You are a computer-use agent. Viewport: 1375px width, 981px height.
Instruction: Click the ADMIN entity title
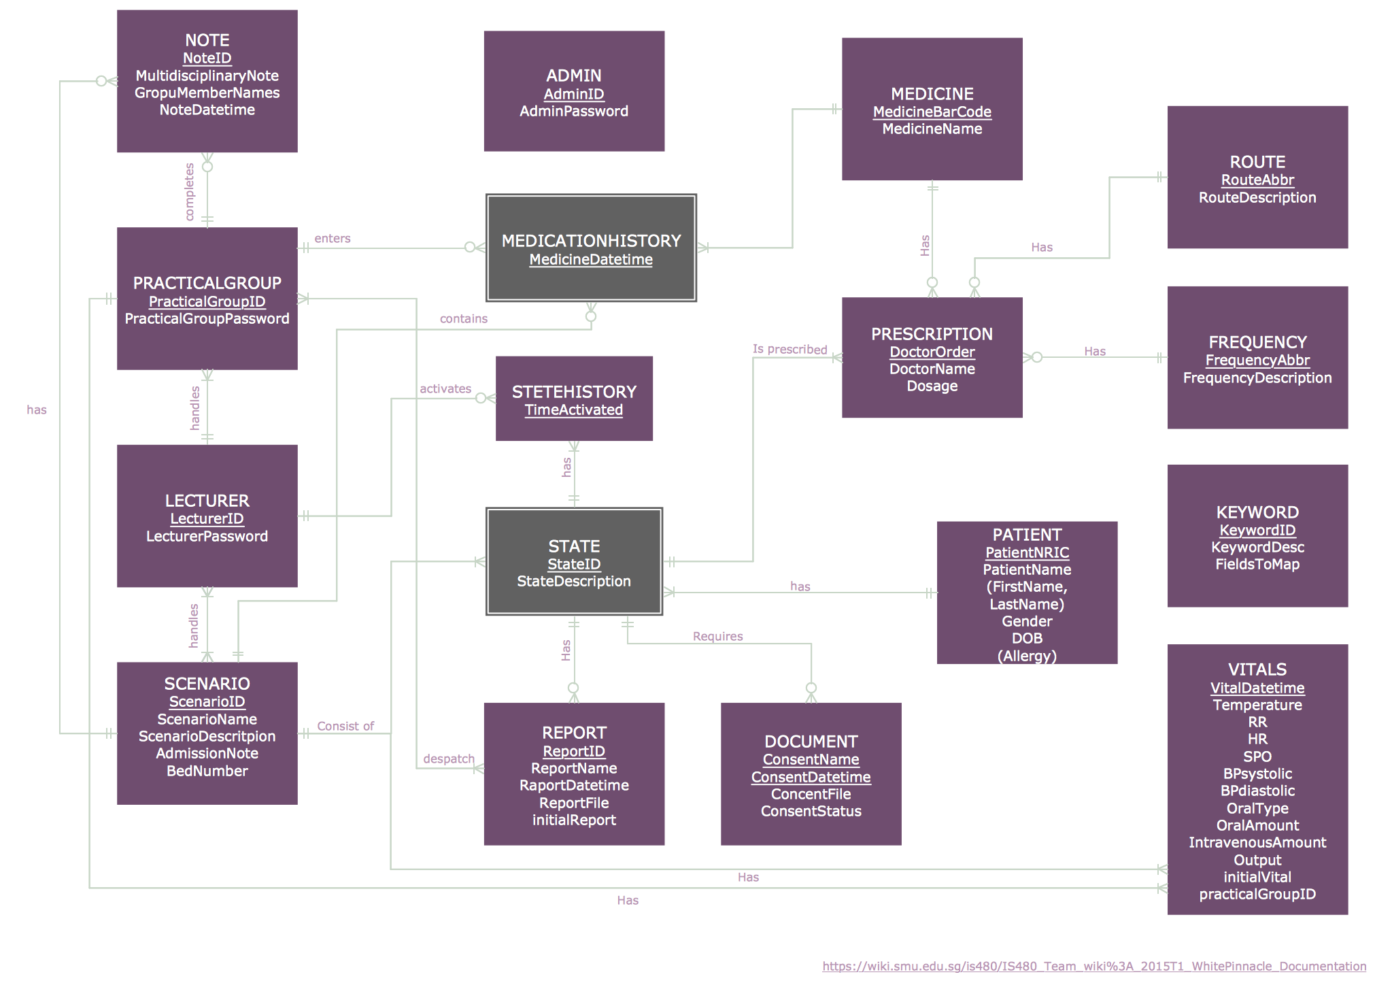[x=574, y=76]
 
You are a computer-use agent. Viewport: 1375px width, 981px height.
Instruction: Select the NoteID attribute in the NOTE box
[x=207, y=59]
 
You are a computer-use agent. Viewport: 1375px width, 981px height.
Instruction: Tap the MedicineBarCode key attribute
[x=932, y=112]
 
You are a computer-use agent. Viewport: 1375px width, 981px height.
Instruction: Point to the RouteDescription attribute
[x=1257, y=198]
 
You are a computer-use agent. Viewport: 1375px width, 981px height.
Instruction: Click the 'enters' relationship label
[x=333, y=239]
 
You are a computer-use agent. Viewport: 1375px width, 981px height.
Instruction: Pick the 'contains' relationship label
[x=463, y=318]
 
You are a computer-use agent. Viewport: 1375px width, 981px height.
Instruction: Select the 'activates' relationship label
[x=445, y=388]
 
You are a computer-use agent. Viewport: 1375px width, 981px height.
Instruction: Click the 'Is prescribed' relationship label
[x=790, y=349]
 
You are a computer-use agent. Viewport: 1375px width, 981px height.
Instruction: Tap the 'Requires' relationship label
[x=717, y=636]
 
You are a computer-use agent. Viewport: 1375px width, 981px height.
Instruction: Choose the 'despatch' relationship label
[x=448, y=759]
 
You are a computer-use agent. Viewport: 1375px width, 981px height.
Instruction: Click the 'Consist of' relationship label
[x=345, y=726]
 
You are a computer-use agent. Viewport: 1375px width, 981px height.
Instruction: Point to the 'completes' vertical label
[x=190, y=192]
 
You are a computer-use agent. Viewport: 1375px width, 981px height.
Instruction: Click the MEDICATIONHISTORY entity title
[x=591, y=241]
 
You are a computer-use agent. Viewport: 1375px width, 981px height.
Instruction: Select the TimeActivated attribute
[x=573, y=410]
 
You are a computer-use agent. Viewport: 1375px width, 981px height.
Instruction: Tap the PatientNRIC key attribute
[x=1027, y=552]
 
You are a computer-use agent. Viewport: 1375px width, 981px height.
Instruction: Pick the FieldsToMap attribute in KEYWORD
[x=1257, y=564]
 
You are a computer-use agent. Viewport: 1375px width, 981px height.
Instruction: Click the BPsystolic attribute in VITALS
[x=1257, y=774]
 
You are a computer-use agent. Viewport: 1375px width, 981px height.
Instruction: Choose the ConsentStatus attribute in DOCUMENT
[x=811, y=811]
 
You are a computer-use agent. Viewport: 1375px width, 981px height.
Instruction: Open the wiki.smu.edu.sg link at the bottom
[x=1093, y=966]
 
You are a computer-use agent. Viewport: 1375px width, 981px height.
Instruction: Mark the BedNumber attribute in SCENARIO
[x=207, y=771]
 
